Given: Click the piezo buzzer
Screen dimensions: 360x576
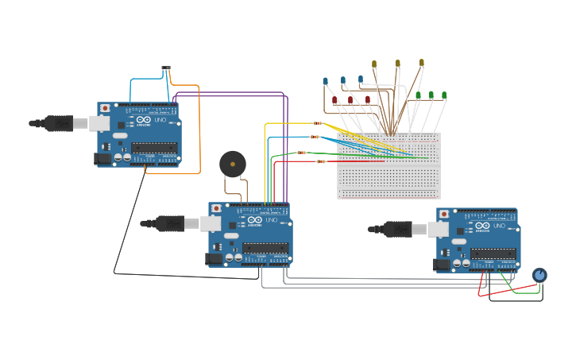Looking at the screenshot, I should [x=232, y=165].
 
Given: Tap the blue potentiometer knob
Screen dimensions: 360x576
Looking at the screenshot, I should [x=539, y=275].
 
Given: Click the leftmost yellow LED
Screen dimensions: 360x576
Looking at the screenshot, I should [x=374, y=64].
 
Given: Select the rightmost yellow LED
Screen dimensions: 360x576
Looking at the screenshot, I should [x=421, y=62].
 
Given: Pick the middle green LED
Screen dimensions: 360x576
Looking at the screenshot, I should [x=431, y=95].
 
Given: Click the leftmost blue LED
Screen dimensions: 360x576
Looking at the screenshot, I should [x=326, y=80].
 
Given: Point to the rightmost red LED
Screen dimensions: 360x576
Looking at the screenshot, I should [x=368, y=99].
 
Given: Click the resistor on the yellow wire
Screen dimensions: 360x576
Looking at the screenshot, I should [x=318, y=123].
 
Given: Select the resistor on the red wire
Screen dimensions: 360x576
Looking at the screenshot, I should [x=321, y=161].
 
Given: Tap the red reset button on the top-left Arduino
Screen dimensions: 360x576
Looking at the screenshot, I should [x=105, y=107].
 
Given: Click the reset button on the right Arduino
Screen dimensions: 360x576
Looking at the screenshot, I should [x=444, y=214].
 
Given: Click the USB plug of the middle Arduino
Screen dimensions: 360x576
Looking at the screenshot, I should [x=169, y=223].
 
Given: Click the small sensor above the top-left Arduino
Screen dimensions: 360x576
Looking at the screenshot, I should [x=165, y=68].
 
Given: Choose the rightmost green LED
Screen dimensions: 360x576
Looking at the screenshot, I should [x=443, y=95].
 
